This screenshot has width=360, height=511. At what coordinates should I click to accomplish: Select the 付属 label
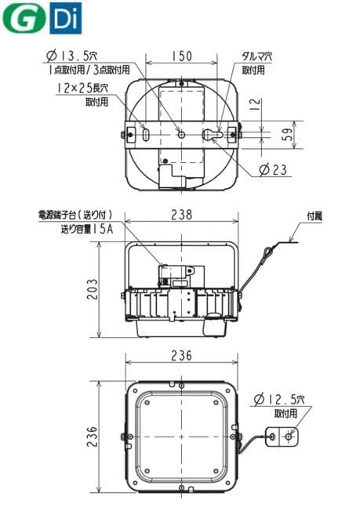click(x=313, y=215)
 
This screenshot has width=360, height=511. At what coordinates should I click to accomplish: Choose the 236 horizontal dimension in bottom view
click(x=181, y=355)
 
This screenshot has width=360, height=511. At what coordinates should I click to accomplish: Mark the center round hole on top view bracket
click(x=181, y=135)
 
